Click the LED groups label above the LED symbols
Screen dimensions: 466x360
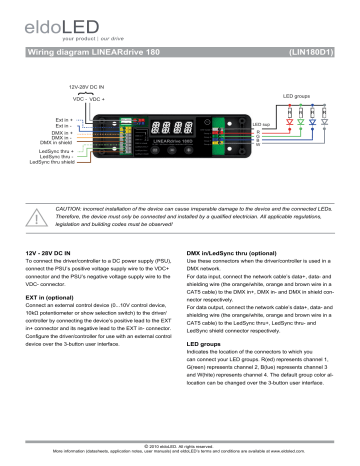tap(297, 96)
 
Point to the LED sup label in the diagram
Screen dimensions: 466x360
tap(261, 125)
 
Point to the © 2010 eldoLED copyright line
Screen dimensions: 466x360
tap(180, 446)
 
